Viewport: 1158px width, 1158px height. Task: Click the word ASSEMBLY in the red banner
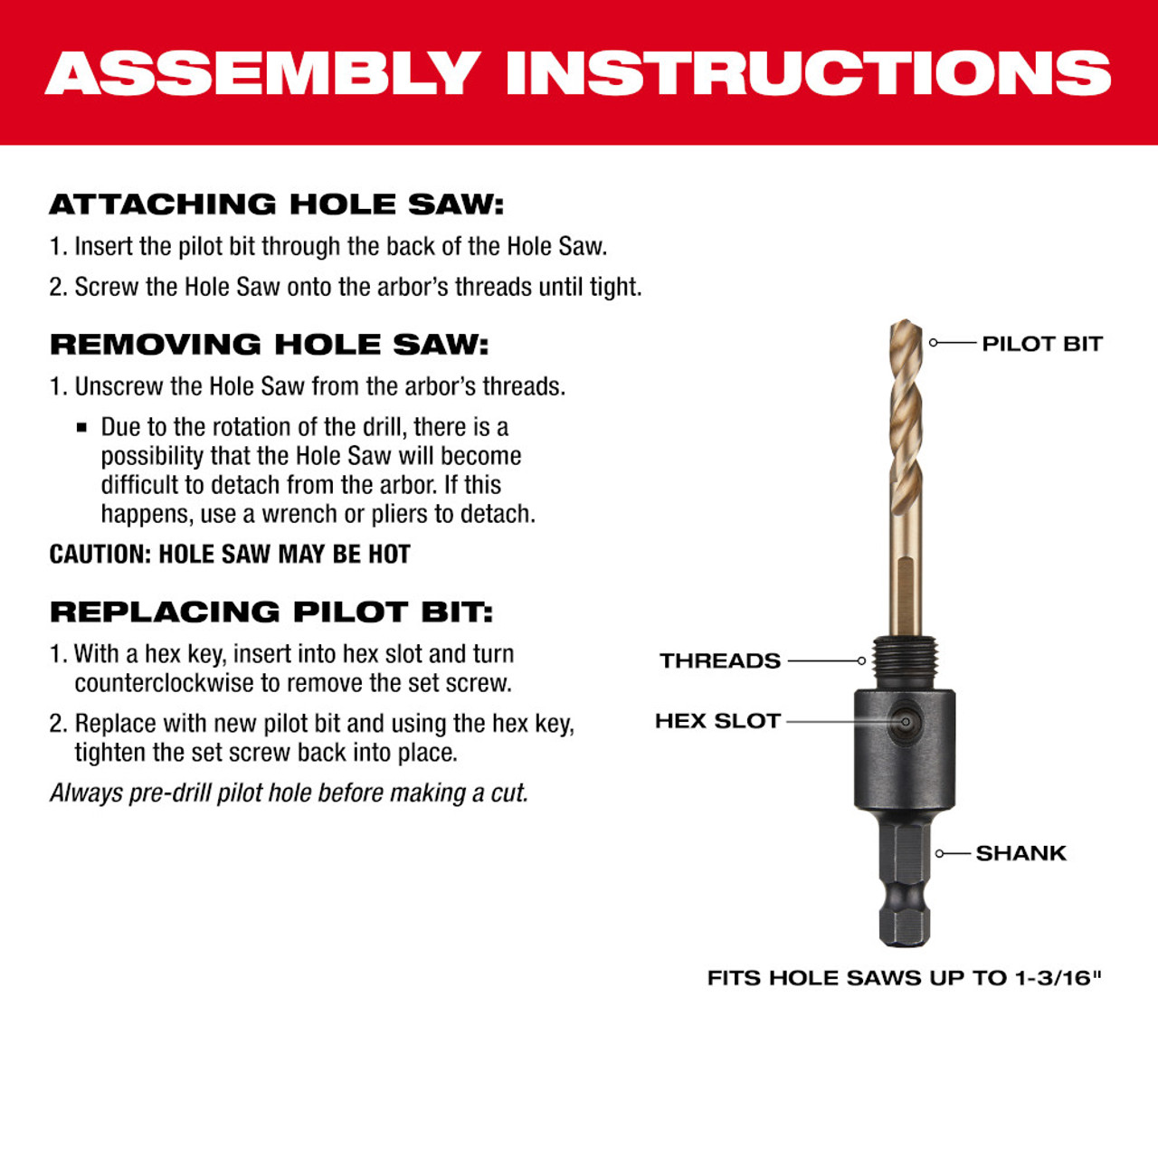(x=262, y=73)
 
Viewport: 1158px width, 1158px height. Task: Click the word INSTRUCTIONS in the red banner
(x=808, y=73)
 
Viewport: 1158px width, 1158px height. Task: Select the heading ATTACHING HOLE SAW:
(x=276, y=204)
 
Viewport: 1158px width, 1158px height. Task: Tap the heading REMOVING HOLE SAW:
(x=269, y=345)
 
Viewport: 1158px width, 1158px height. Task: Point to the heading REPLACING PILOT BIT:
(x=271, y=612)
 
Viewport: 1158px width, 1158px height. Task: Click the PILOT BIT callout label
(x=1041, y=344)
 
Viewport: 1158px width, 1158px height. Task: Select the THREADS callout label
(x=719, y=661)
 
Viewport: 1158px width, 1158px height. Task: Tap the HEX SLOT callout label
(x=717, y=721)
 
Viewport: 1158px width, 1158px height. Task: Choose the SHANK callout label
(x=1020, y=853)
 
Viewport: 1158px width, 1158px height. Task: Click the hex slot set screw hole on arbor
(x=905, y=722)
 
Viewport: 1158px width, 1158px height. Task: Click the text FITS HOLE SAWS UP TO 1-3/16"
(x=904, y=978)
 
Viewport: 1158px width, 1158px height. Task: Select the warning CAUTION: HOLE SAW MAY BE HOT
(x=230, y=554)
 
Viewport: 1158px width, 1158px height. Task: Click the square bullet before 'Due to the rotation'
(x=82, y=427)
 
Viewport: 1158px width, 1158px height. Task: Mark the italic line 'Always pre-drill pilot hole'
(x=289, y=793)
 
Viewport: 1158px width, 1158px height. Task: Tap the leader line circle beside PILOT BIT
(x=934, y=343)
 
